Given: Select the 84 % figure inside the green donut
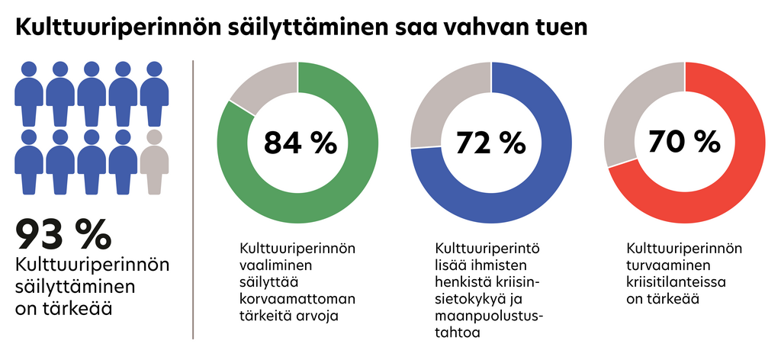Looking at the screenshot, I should [x=299, y=142].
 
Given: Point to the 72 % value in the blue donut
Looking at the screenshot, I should [x=492, y=142].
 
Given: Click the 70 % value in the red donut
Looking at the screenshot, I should [x=684, y=142].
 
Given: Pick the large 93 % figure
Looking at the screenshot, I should [x=63, y=234].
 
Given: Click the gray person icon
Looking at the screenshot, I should [x=155, y=161].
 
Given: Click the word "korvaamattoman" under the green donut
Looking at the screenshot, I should [x=291, y=300].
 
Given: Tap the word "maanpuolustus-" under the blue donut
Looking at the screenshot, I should [x=489, y=317].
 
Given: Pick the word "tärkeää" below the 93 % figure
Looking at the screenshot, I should [x=79, y=309].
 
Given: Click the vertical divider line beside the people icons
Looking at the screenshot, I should [x=193, y=198].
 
